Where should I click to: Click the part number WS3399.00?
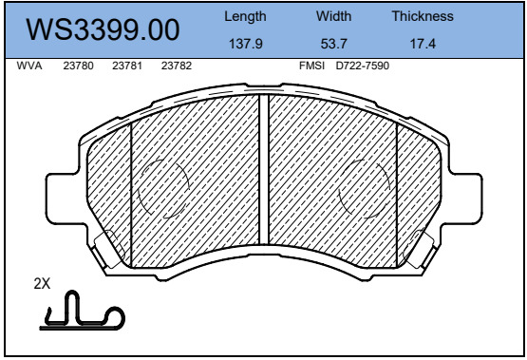(x=103, y=29)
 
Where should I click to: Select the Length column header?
(x=245, y=16)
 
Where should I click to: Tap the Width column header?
(x=333, y=16)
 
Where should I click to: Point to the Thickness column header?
(x=423, y=16)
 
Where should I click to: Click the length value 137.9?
(x=245, y=44)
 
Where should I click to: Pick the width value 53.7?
(x=333, y=44)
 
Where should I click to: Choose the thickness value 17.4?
(x=423, y=44)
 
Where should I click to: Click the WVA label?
(x=29, y=66)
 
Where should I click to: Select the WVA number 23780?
(x=78, y=66)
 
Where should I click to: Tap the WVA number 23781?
(x=127, y=66)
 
